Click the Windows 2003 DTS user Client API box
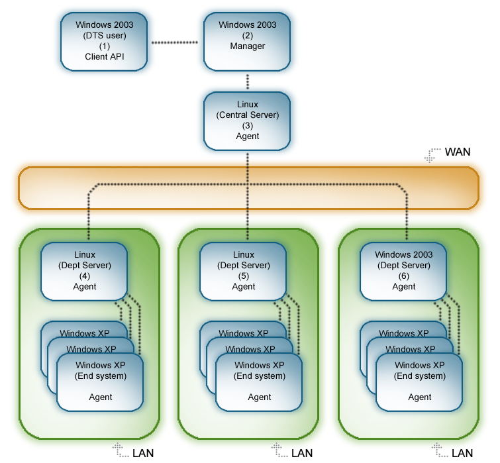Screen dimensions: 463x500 pyautogui.click(x=105, y=41)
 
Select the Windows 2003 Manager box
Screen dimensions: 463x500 pyautogui.click(x=247, y=41)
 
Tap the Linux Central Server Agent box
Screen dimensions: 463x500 pyautogui.click(x=247, y=121)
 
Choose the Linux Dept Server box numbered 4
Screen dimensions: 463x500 pyautogui.click(x=84, y=271)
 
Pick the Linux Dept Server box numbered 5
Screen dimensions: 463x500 pyautogui.click(x=243, y=271)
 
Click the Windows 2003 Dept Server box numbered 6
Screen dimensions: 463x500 pyautogui.click(x=403, y=271)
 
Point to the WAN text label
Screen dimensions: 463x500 pyautogui.click(x=458, y=152)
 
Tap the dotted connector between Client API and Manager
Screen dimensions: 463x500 pyautogui.click(x=175, y=42)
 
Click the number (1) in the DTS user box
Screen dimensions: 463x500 pyautogui.click(x=105, y=46)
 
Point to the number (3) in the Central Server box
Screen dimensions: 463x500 pyautogui.click(x=248, y=126)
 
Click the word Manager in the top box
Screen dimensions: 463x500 pyautogui.click(x=247, y=46)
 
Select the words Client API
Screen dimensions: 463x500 pyautogui.click(x=105, y=57)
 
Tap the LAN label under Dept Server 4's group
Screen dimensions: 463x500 pyautogui.click(x=144, y=453)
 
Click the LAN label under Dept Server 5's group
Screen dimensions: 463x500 pyautogui.click(x=302, y=453)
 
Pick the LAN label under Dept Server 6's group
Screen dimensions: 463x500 pyautogui.click(x=462, y=453)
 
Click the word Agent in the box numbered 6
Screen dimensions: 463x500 pyautogui.click(x=404, y=287)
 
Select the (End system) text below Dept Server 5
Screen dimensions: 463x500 pyautogui.click(x=260, y=376)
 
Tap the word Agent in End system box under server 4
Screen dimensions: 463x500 pyautogui.click(x=101, y=397)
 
